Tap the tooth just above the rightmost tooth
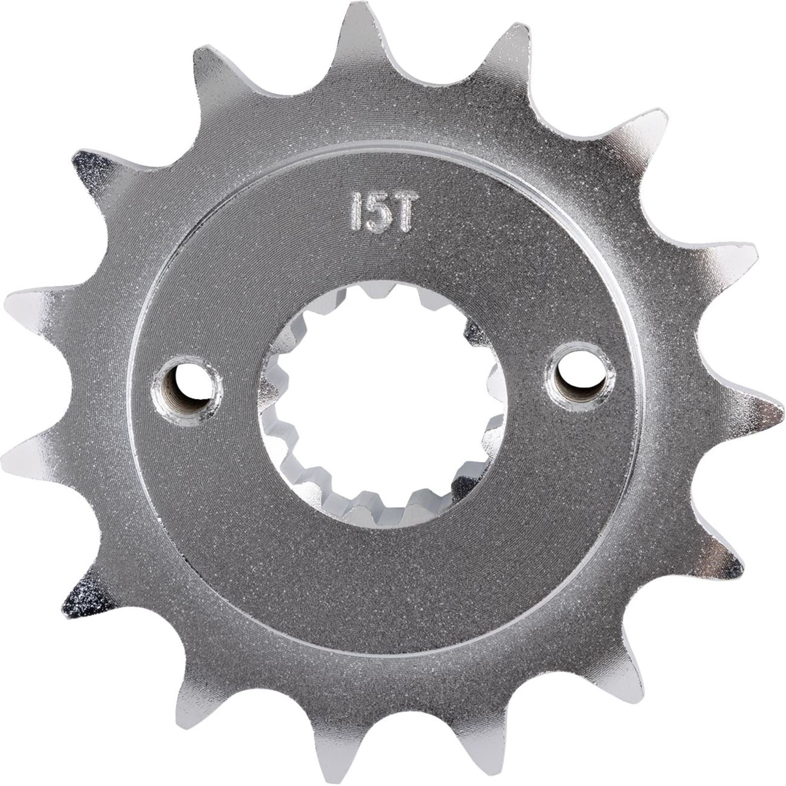point(727,265)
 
